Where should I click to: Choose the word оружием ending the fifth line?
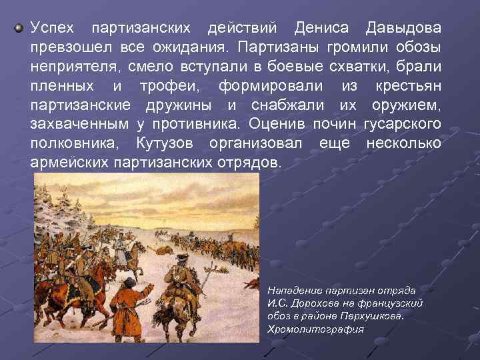[x=407, y=105]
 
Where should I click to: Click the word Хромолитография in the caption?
[x=315, y=329]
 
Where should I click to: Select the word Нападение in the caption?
[x=294, y=291]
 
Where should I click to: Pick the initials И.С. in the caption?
[x=277, y=303]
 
